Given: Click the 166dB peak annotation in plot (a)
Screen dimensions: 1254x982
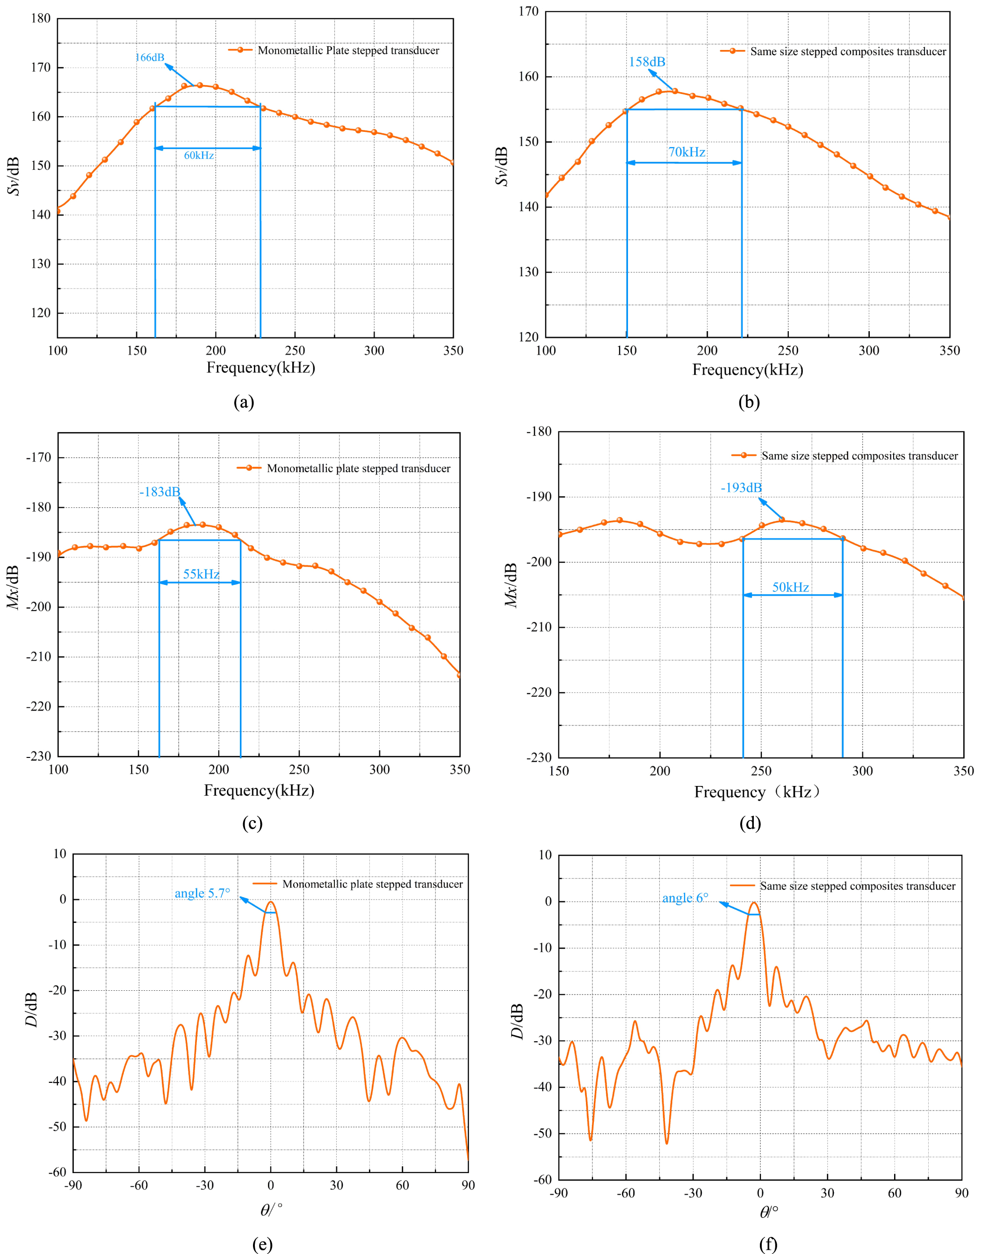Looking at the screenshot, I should pyautogui.click(x=150, y=58).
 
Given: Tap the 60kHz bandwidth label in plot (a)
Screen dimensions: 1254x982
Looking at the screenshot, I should pyautogui.click(x=199, y=155).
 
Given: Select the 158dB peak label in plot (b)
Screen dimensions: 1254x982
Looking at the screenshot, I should pyautogui.click(x=647, y=62).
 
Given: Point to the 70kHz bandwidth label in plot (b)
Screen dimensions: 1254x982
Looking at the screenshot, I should pyautogui.click(x=686, y=152).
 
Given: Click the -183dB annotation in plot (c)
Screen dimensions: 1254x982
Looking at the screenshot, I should pyautogui.click(x=160, y=491).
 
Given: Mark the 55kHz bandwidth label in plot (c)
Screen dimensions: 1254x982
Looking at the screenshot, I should pyautogui.click(x=201, y=574).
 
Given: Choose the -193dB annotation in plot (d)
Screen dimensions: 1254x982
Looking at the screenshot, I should pyautogui.click(x=741, y=488).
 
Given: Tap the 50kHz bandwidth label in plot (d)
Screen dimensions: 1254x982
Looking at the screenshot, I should pyautogui.click(x=791, y=587).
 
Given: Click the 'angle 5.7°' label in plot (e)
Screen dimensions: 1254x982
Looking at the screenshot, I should pyautogui.click(x=202, y=893).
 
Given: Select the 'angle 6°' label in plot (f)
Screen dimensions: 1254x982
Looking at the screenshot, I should pyautogui.click(x=686, y=898).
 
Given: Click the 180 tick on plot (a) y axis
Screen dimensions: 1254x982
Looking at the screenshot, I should pyautogui.click(x=40, y=18).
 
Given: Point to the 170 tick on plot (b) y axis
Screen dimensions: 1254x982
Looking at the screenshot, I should pyautogui.click(x=528, y=12).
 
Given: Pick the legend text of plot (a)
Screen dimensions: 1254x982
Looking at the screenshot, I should pyautogui.click(x=348, y=50).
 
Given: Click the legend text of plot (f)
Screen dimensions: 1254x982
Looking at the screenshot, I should pyautogui.click(x=857, y=886).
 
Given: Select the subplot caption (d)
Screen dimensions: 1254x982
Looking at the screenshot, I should pyautogui.click(x=750, y=823).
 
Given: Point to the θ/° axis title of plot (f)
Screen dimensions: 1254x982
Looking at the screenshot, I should pyautogui.click(x=769, y=1212).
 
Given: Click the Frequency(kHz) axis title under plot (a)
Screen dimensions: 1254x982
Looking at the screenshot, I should pyautogui.click(x=260, y=368).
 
